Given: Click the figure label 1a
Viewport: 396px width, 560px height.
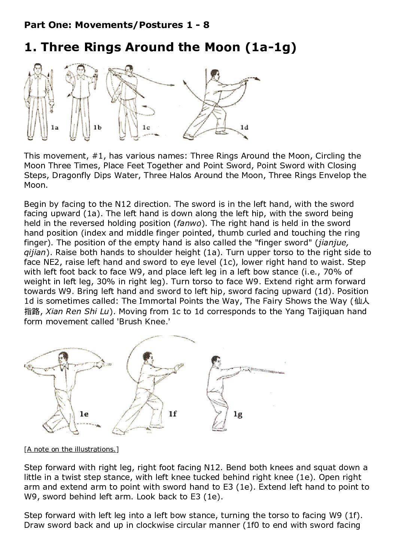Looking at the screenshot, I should pyautogui.click(x=55, y=128).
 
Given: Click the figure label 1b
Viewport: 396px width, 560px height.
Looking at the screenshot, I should pyautogui.click(x=97, y=128).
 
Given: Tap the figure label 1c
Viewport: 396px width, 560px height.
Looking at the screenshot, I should pyautogui.click(x=146, y=128).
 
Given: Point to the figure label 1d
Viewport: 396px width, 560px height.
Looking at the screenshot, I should pyautogui.click(x=244, y=128).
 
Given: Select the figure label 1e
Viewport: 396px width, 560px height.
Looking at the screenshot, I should pyautogui.click(x=84, y=414).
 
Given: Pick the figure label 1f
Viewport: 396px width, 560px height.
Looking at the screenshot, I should pyautogui.click(x=173, y=414).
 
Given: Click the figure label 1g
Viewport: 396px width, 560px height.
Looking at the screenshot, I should pyautogui.click(x=238, y=414).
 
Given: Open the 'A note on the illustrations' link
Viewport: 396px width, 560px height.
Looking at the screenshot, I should pyautogui.click(x=71, y=449).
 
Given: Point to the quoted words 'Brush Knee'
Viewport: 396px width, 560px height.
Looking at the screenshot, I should pyautogui.click(x=145, y=321).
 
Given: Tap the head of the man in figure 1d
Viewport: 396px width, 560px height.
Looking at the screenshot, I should pyautogui.click(x=215, y=74).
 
